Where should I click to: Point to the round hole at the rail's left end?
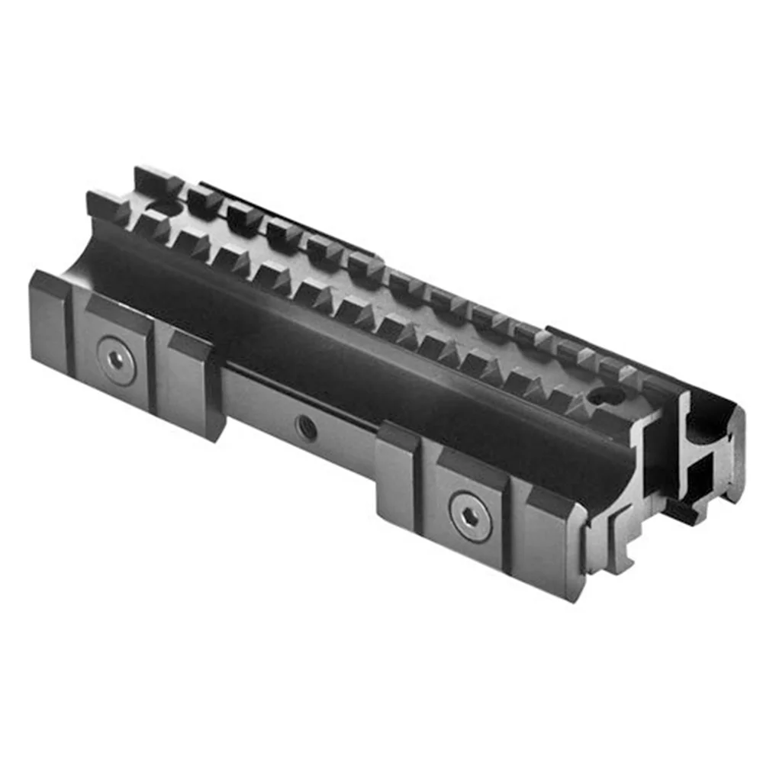[x=163, y=207]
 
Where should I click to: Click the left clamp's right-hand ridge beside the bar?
[x=195, y=381]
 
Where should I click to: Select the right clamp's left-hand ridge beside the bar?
[x=397, y=477]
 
